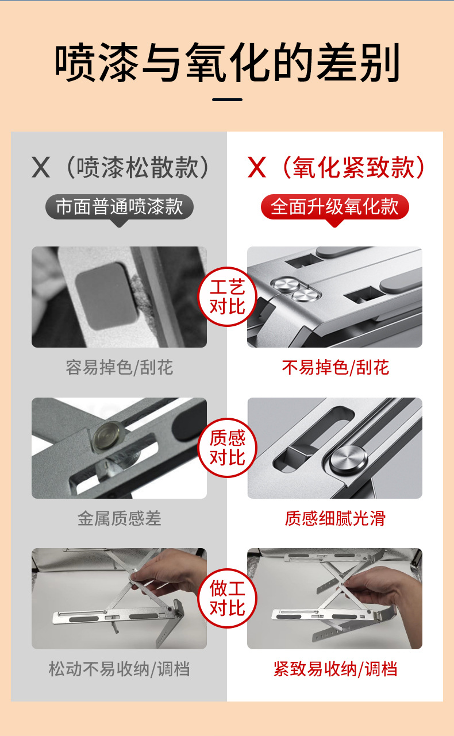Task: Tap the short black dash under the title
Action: coord(227,100)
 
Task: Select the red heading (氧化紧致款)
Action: coord(336,167)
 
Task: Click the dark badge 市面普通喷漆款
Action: coord(119,207)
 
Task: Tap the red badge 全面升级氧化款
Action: coord(334,207)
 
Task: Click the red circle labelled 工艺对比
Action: coord(227,296)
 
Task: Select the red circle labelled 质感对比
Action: coord(227,448)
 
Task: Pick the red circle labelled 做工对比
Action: coord(227,598)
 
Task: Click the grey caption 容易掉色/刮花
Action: coord(119,368)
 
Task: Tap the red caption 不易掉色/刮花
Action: coord(335,368)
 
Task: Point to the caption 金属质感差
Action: coord(119,519)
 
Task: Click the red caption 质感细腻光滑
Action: coord(335,519)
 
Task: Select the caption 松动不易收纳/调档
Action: coord(119,669)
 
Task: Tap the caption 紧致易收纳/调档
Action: coord(335,669)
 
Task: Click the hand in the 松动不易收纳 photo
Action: coord(172,580)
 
